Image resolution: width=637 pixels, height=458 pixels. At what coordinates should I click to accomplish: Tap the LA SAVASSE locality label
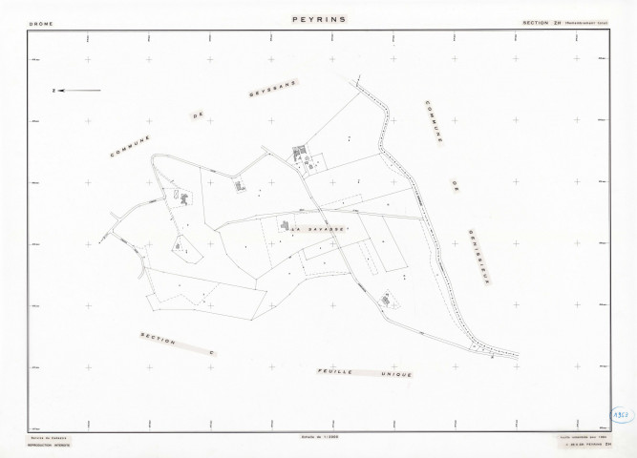point(311,228)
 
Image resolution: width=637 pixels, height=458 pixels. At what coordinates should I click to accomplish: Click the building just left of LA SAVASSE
point(285,225)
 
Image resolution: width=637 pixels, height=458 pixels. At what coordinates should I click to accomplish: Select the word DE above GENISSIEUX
point(457,180)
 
